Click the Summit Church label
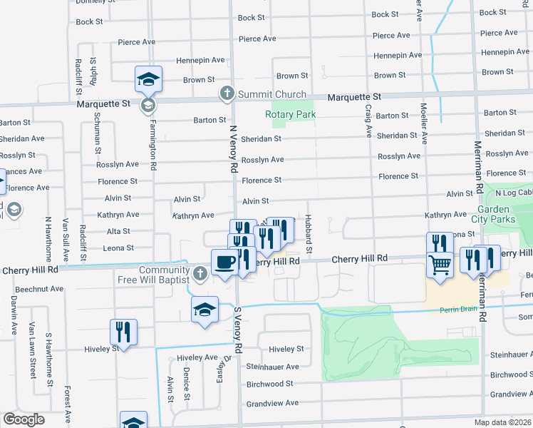point(272,94)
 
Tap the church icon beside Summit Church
point(227,93)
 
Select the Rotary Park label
point(290,115)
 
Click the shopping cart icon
point(440,266)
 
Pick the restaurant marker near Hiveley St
point(123,332)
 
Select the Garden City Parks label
point(497,214)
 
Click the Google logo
point(24,419)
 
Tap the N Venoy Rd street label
point(233,149)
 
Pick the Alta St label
point(118,231)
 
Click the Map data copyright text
point(503,422)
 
